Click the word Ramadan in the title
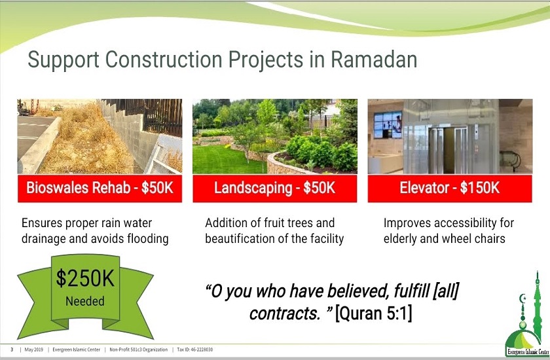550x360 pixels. [374, 61]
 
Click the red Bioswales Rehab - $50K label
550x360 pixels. [100, 189]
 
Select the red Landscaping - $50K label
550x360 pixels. [274, 189]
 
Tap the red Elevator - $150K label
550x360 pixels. [450, 189]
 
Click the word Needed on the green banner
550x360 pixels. [84, 302]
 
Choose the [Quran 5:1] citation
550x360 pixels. [373, 314]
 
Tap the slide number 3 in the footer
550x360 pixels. [12, 350]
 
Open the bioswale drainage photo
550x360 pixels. [100, 136]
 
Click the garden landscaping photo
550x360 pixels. [274, 136]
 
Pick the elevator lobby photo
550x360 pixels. [450, 136]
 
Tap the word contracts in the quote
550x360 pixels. [278, 314]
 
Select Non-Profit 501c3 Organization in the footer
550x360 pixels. [137, 350]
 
